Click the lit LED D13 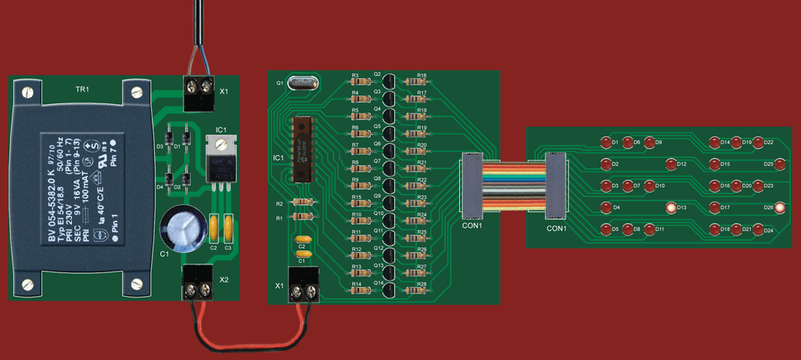pos(670,207)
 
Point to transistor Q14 pos(389,290)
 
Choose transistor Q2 pos(389,81)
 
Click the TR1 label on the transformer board pos(82,90)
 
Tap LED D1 pos(605,142)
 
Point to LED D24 pos(757,230)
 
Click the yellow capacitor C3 pos(228,229)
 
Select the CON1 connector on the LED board pos(555,186)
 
